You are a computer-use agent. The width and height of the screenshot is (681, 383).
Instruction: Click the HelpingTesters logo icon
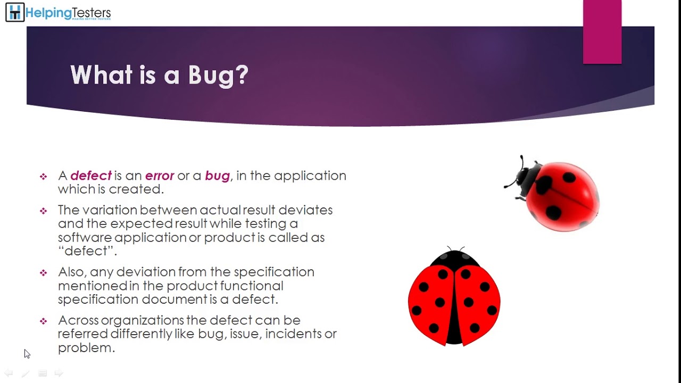(15, 13)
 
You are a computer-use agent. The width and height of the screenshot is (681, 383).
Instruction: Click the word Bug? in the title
(218, 75)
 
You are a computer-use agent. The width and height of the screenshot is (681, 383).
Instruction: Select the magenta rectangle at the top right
(602, 32)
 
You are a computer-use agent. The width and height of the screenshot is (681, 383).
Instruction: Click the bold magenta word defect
(91, 176)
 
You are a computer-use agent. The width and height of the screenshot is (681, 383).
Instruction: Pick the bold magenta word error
(160, 176)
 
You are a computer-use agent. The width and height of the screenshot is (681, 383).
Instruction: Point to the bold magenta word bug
(217, 176)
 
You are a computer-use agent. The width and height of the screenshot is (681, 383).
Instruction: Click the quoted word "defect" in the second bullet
(87, 251)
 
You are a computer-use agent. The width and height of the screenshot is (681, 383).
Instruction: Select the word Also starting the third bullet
(71, 272)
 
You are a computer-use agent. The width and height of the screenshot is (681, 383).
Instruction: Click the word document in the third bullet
(174, 299)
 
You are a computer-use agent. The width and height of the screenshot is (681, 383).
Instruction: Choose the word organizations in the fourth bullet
(142, 320)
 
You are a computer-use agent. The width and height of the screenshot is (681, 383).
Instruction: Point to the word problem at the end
(85, 348)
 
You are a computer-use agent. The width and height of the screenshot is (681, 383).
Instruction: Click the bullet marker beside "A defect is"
(43, 177)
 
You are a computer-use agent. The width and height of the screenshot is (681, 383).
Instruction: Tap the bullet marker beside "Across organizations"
(43, 321)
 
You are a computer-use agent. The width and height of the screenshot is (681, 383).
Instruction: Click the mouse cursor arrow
(27, 354)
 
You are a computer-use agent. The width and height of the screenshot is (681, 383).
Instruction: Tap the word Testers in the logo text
(90, 13)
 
